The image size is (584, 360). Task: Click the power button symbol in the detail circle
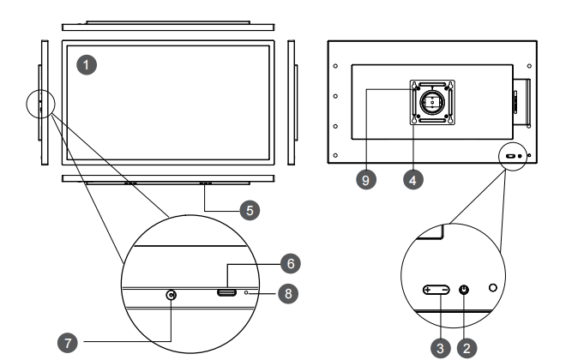point(464,290)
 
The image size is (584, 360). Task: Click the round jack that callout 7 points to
point(172,295)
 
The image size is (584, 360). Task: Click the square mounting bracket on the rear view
point(432,102)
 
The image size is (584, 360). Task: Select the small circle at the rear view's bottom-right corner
point(514,156)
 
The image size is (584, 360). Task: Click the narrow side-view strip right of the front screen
point(290,102)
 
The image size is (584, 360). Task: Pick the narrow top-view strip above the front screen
point(169,27)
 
